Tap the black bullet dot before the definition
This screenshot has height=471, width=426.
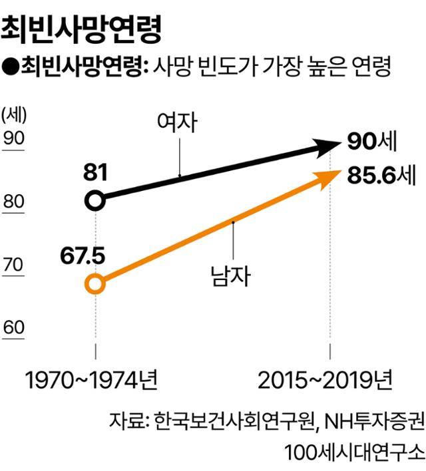point(11,67)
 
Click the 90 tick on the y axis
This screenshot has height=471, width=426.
point(14,138)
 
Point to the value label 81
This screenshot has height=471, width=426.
point(96,172)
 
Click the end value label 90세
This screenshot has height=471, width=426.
point(372,141)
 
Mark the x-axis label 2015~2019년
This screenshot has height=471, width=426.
point(325,380)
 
